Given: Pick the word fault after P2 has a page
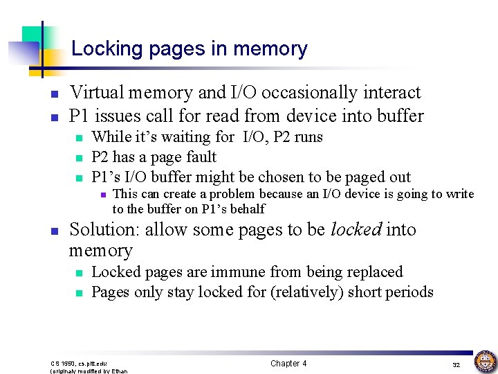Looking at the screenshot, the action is click(x=201, y=157).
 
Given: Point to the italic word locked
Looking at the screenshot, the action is click(x=356, y=230).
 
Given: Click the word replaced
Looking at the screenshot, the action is click(x=373, y=272).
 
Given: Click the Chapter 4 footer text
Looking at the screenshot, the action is click(x=288, y=364).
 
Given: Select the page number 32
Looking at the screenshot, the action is click(x=456, y=364).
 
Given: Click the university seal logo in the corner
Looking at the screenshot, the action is click(x=485, y=362).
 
